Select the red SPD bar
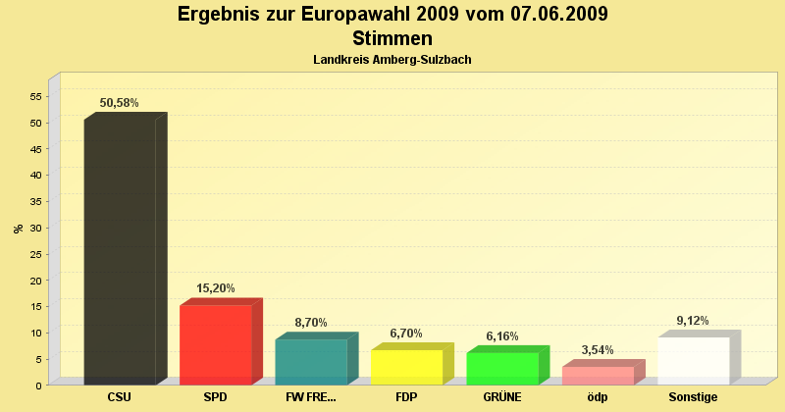216,344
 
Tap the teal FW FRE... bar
311,361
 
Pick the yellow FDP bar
406,367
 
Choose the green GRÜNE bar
502,368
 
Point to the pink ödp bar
598,375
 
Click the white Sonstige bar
694,360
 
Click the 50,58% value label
119,103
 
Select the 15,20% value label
215,288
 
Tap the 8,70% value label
311,323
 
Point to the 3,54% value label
598,350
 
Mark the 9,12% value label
693,321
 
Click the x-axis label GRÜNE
502,397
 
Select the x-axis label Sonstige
693,397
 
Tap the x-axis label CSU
120,397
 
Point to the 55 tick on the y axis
35,96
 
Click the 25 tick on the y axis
35,254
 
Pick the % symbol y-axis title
18,229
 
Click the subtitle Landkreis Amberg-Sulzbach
392,60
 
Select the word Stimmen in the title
392,38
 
